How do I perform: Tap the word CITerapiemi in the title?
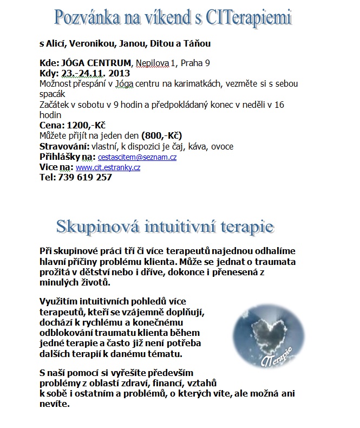pos(249,18)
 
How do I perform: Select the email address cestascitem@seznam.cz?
pos(137,157)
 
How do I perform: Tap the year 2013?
pos(120,74)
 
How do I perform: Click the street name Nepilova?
pos(153,63)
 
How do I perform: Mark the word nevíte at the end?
pos(54,404)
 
